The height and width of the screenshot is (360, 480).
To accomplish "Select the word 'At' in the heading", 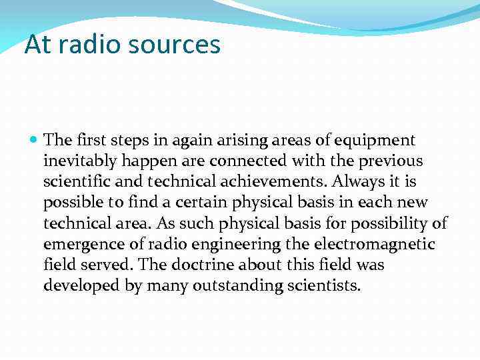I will [x=37, y=45].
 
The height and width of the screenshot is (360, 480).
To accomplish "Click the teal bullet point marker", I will [x=35, y=141].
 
